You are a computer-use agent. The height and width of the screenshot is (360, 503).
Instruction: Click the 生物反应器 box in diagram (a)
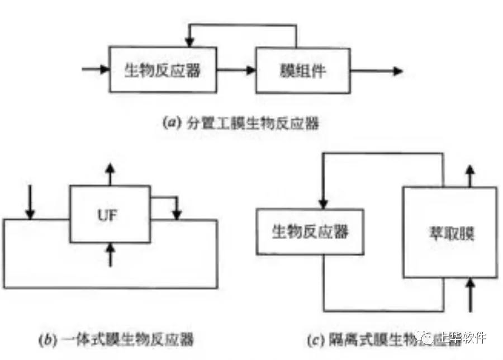point(162,70)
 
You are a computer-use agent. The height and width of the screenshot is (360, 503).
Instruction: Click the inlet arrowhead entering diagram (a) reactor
point(105,70)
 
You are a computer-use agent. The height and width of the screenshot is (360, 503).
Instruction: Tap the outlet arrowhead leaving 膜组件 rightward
point(397,70)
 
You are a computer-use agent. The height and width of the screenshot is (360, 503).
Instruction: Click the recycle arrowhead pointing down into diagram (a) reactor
point(189,42)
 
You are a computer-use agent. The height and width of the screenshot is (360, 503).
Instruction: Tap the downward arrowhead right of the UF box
point(177,214)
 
